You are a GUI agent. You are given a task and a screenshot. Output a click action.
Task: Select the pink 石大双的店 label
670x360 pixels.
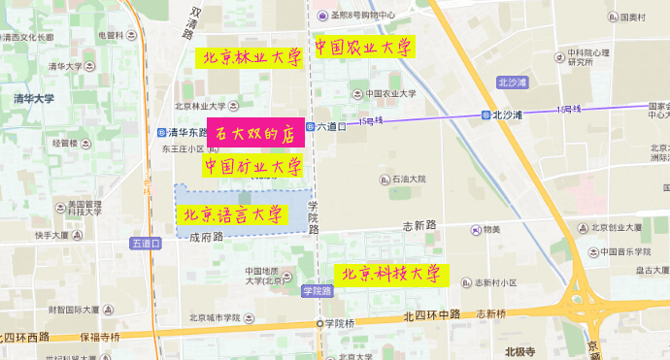click(254, 134)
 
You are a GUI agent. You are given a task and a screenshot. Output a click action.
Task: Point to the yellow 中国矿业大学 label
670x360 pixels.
click(251, 167)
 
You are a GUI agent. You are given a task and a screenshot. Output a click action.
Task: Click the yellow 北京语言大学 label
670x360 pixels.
click(233, 213)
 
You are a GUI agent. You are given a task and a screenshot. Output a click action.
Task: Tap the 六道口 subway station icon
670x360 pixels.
click(310, 126)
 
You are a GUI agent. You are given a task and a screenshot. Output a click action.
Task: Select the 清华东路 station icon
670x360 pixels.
click(161, 133)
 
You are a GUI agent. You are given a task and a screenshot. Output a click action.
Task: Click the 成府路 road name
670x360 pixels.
click(206, 236)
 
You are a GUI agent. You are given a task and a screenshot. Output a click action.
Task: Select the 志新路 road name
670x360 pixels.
click(419, 225)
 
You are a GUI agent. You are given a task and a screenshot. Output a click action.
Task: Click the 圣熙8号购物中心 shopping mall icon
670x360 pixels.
click(322, 15)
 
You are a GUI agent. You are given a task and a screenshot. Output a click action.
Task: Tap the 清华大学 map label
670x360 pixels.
click(34, 98)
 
